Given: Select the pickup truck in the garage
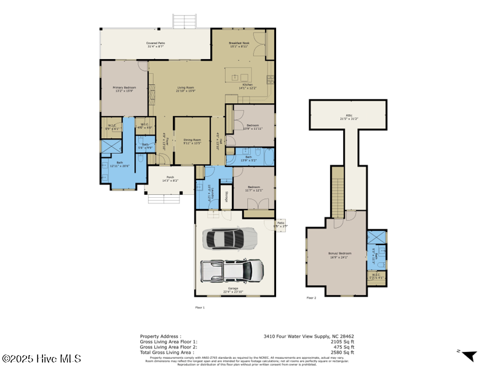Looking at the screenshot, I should pyautogui.click(x=232, y=269).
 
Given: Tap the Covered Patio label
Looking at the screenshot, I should pyautogui.click(x=156, y=44).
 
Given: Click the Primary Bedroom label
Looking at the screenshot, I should pyautogui.click(x=124, y=88).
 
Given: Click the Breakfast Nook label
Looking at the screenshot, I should pyautogui.click(x=239, y=44).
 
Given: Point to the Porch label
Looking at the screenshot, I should pyautogui.click(x=169, y=179).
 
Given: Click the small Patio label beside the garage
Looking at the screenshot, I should pyautogui.click(x=280, y=224).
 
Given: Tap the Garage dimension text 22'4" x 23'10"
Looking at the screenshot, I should pyautogui.click(x=233, y=292).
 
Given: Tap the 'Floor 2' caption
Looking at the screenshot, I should pyautogui.click(x=311, y=297).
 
